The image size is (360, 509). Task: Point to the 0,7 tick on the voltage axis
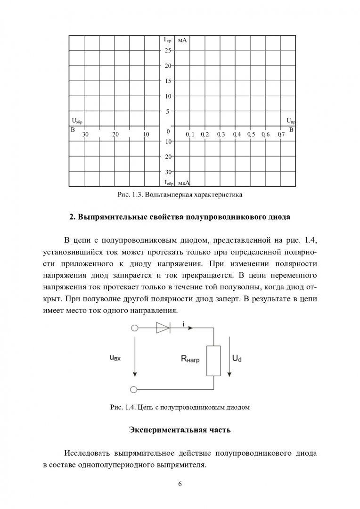pos(281,135)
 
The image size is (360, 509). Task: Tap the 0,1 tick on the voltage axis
pos(190,135)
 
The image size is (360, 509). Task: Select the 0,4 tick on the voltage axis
pos(236,135)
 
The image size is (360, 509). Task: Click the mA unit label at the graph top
pos(183,41)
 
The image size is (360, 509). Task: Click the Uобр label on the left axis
pos(77,121)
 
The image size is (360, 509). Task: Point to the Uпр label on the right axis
pos(291,121)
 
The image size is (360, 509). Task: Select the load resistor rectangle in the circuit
pos(214,361)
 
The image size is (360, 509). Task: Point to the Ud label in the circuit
pos(237,359)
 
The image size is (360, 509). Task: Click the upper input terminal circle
pos(134,328)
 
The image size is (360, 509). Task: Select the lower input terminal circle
pos(134,390)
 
